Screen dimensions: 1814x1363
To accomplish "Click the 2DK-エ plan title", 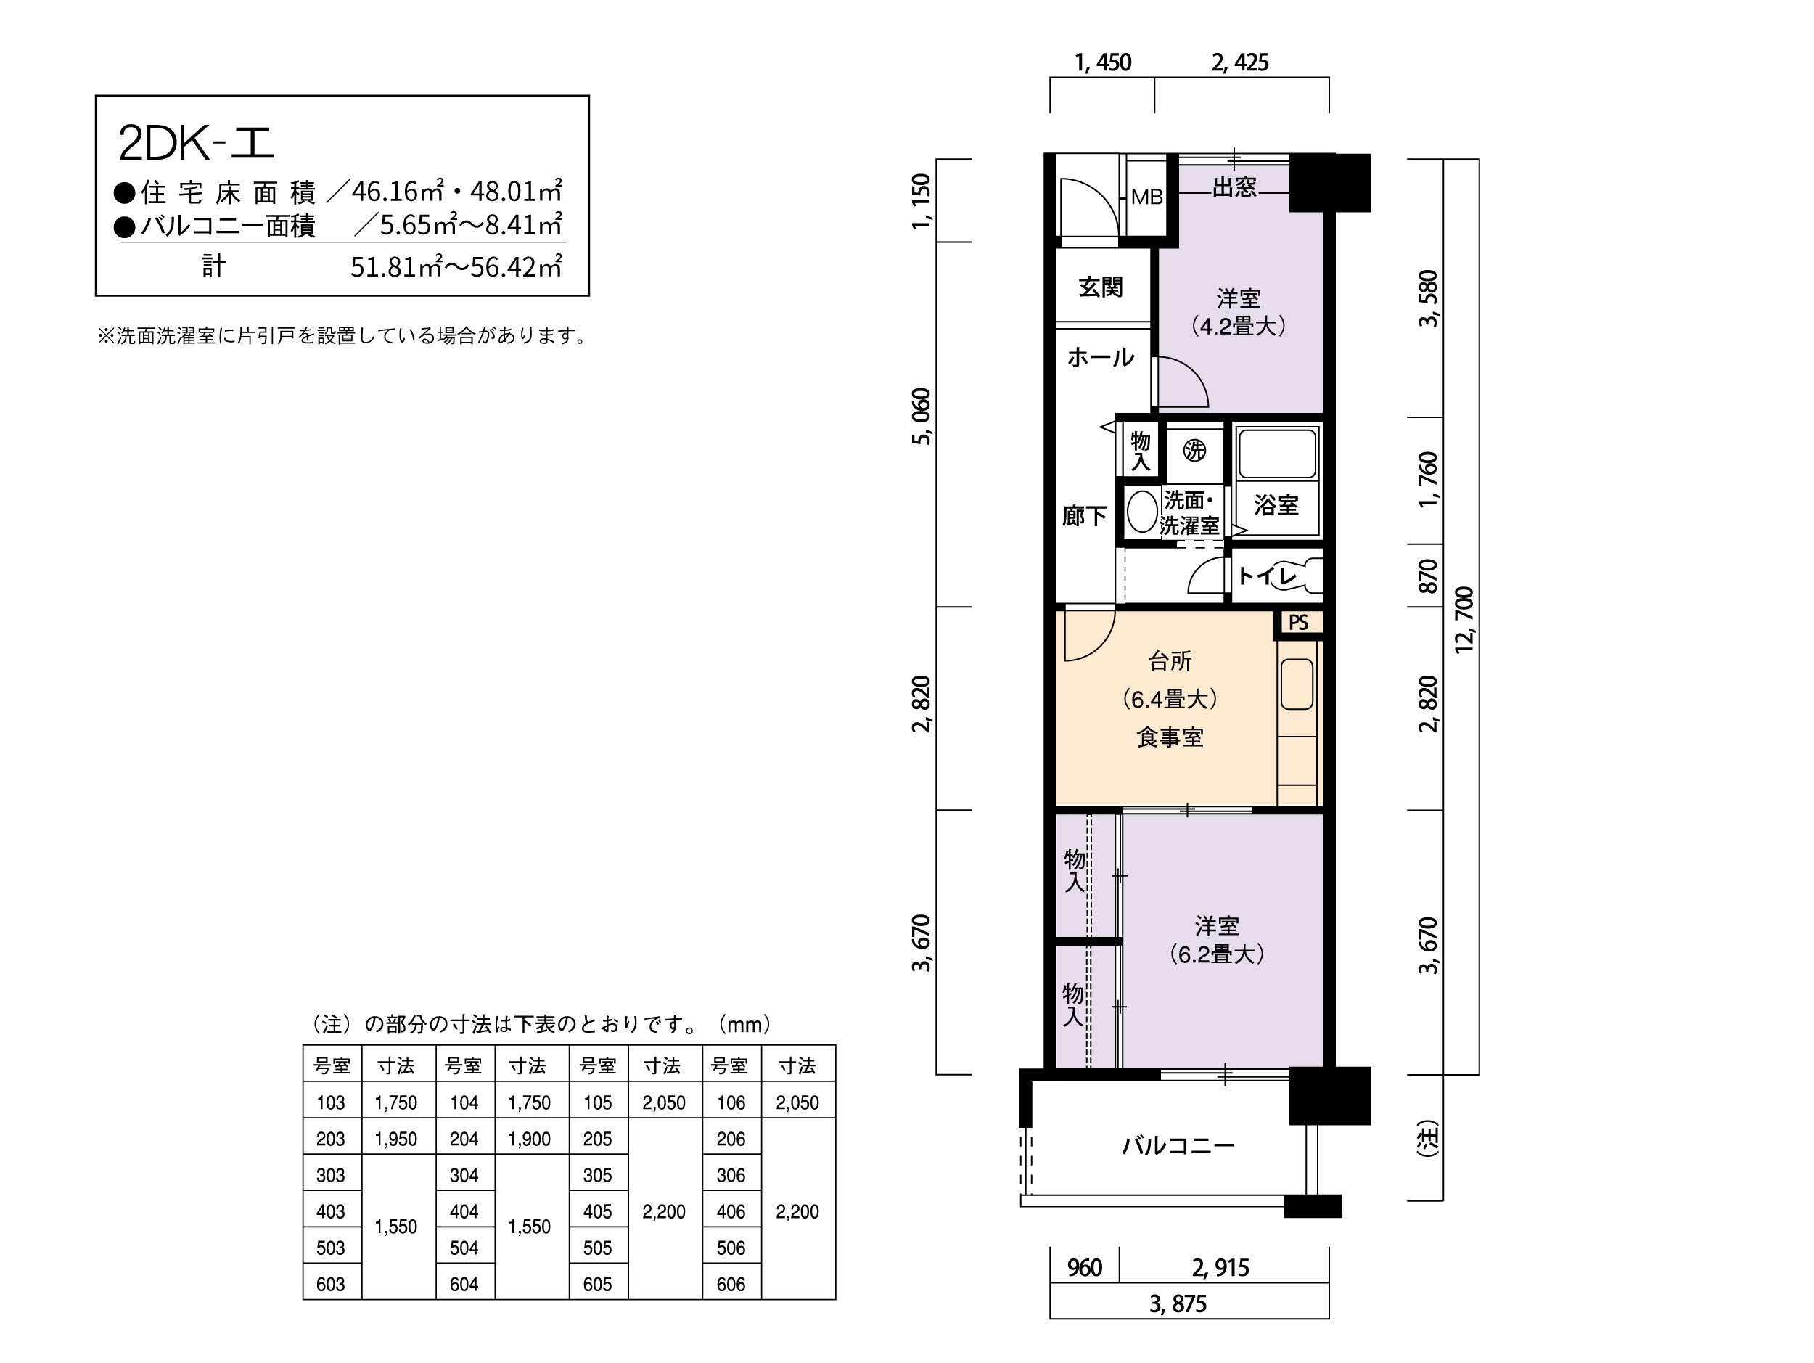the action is (x=196, y=143).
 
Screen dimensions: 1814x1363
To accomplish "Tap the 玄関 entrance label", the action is (x=1101, y=286).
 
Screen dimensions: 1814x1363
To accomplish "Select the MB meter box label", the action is (x=1146, y=197).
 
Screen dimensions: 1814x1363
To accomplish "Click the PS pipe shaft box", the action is (x=1298, y=623).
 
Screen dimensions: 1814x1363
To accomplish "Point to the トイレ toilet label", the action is (x=1266, y=576).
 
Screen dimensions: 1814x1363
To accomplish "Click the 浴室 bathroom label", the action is (x=1276, y=505).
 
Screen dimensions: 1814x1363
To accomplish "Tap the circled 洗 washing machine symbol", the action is (x=1195, y=450).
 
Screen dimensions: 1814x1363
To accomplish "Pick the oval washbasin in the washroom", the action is (x=1141, y=512).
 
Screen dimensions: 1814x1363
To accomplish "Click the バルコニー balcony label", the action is (x=1178, y=1145).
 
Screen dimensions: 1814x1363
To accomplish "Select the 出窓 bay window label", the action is (x=1234, y=187).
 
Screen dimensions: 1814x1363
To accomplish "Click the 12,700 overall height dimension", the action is (x=1464, y=620).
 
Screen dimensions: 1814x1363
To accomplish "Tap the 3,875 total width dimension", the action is (x=1178, y=1304).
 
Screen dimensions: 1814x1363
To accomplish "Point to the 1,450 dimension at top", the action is (x=1103, y=62).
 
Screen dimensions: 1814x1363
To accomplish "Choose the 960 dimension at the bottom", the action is (x=1084, y=1268).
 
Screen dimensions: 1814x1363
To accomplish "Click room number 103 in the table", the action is (x=330, y=1102).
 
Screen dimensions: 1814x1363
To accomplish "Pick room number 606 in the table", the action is (x=731, y=1285).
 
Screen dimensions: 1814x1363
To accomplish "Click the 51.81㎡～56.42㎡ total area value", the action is (x=456, y=266).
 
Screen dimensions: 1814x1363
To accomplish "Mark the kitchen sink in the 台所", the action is (x=1297, y=684).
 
